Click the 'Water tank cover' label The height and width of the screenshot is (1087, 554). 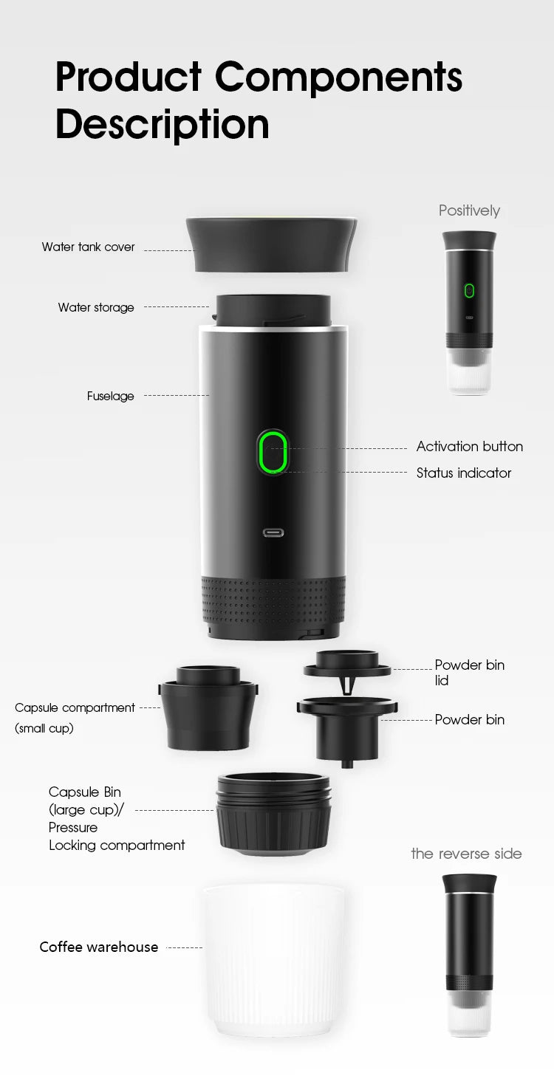click(88, 247)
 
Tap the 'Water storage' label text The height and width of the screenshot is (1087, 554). click(96, 307)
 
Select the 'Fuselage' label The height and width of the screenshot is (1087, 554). click(111, 397)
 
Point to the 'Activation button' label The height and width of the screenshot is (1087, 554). click(469, 447)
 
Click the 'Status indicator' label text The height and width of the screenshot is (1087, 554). click(463, 473)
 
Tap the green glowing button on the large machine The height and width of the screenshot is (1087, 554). click(273, 452)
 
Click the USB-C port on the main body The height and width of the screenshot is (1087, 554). click(273, 532)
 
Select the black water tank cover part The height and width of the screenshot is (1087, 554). click(272, 244)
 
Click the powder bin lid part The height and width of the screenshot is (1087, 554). click(347, 665)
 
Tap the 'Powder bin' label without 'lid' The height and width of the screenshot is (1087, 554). click(469, 720)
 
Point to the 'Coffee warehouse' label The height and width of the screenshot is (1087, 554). click(98, 947)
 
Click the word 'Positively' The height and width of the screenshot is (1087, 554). click(469, 211)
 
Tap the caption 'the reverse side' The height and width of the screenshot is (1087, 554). click(466, 854)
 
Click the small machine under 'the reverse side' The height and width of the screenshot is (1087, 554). click(469, 953)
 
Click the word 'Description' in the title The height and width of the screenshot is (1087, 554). click(162, 123)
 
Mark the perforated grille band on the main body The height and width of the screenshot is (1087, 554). click(273, 600)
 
